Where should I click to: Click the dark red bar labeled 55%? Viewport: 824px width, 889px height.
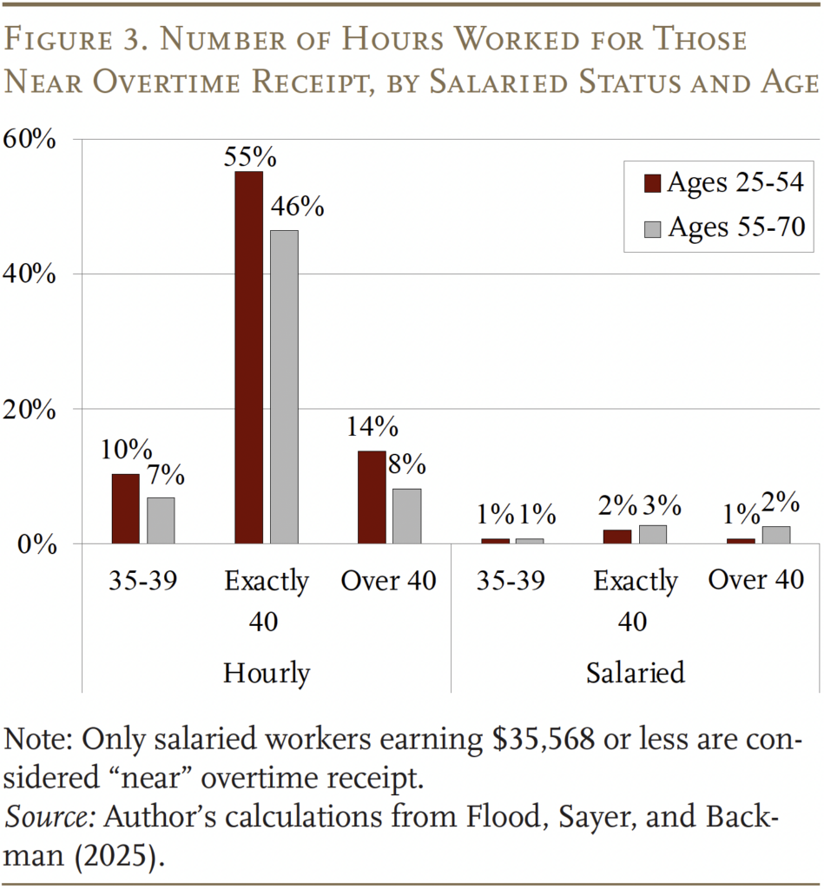pos(248,357)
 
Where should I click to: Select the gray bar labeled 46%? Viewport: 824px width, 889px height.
pos(284,386)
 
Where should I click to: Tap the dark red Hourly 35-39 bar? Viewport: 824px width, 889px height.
pos(126,508)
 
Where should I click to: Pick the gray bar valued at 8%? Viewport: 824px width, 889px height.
pos(406,516)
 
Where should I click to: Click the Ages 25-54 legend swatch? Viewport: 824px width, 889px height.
pos(652,183)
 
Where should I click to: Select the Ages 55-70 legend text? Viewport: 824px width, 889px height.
pos(735,227)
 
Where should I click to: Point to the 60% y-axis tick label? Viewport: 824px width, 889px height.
pos(32,139)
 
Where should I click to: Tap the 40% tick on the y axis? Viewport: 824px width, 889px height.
pos(32,274)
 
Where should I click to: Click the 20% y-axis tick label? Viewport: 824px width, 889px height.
pos(32,410)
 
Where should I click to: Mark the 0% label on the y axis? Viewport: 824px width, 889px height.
pos(40,544)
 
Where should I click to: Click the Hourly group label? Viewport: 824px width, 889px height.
pos(267,673)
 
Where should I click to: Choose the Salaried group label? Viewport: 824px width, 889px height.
pos(635,673)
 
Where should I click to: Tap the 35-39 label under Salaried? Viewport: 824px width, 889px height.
pos(511,580)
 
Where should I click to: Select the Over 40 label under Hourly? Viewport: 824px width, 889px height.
pos(388,580)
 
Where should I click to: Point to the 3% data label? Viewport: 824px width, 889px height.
pos(662,506)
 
